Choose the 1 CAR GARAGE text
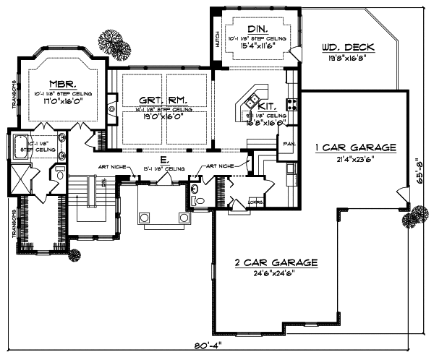355,147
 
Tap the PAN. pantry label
287,143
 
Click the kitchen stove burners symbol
294,104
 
